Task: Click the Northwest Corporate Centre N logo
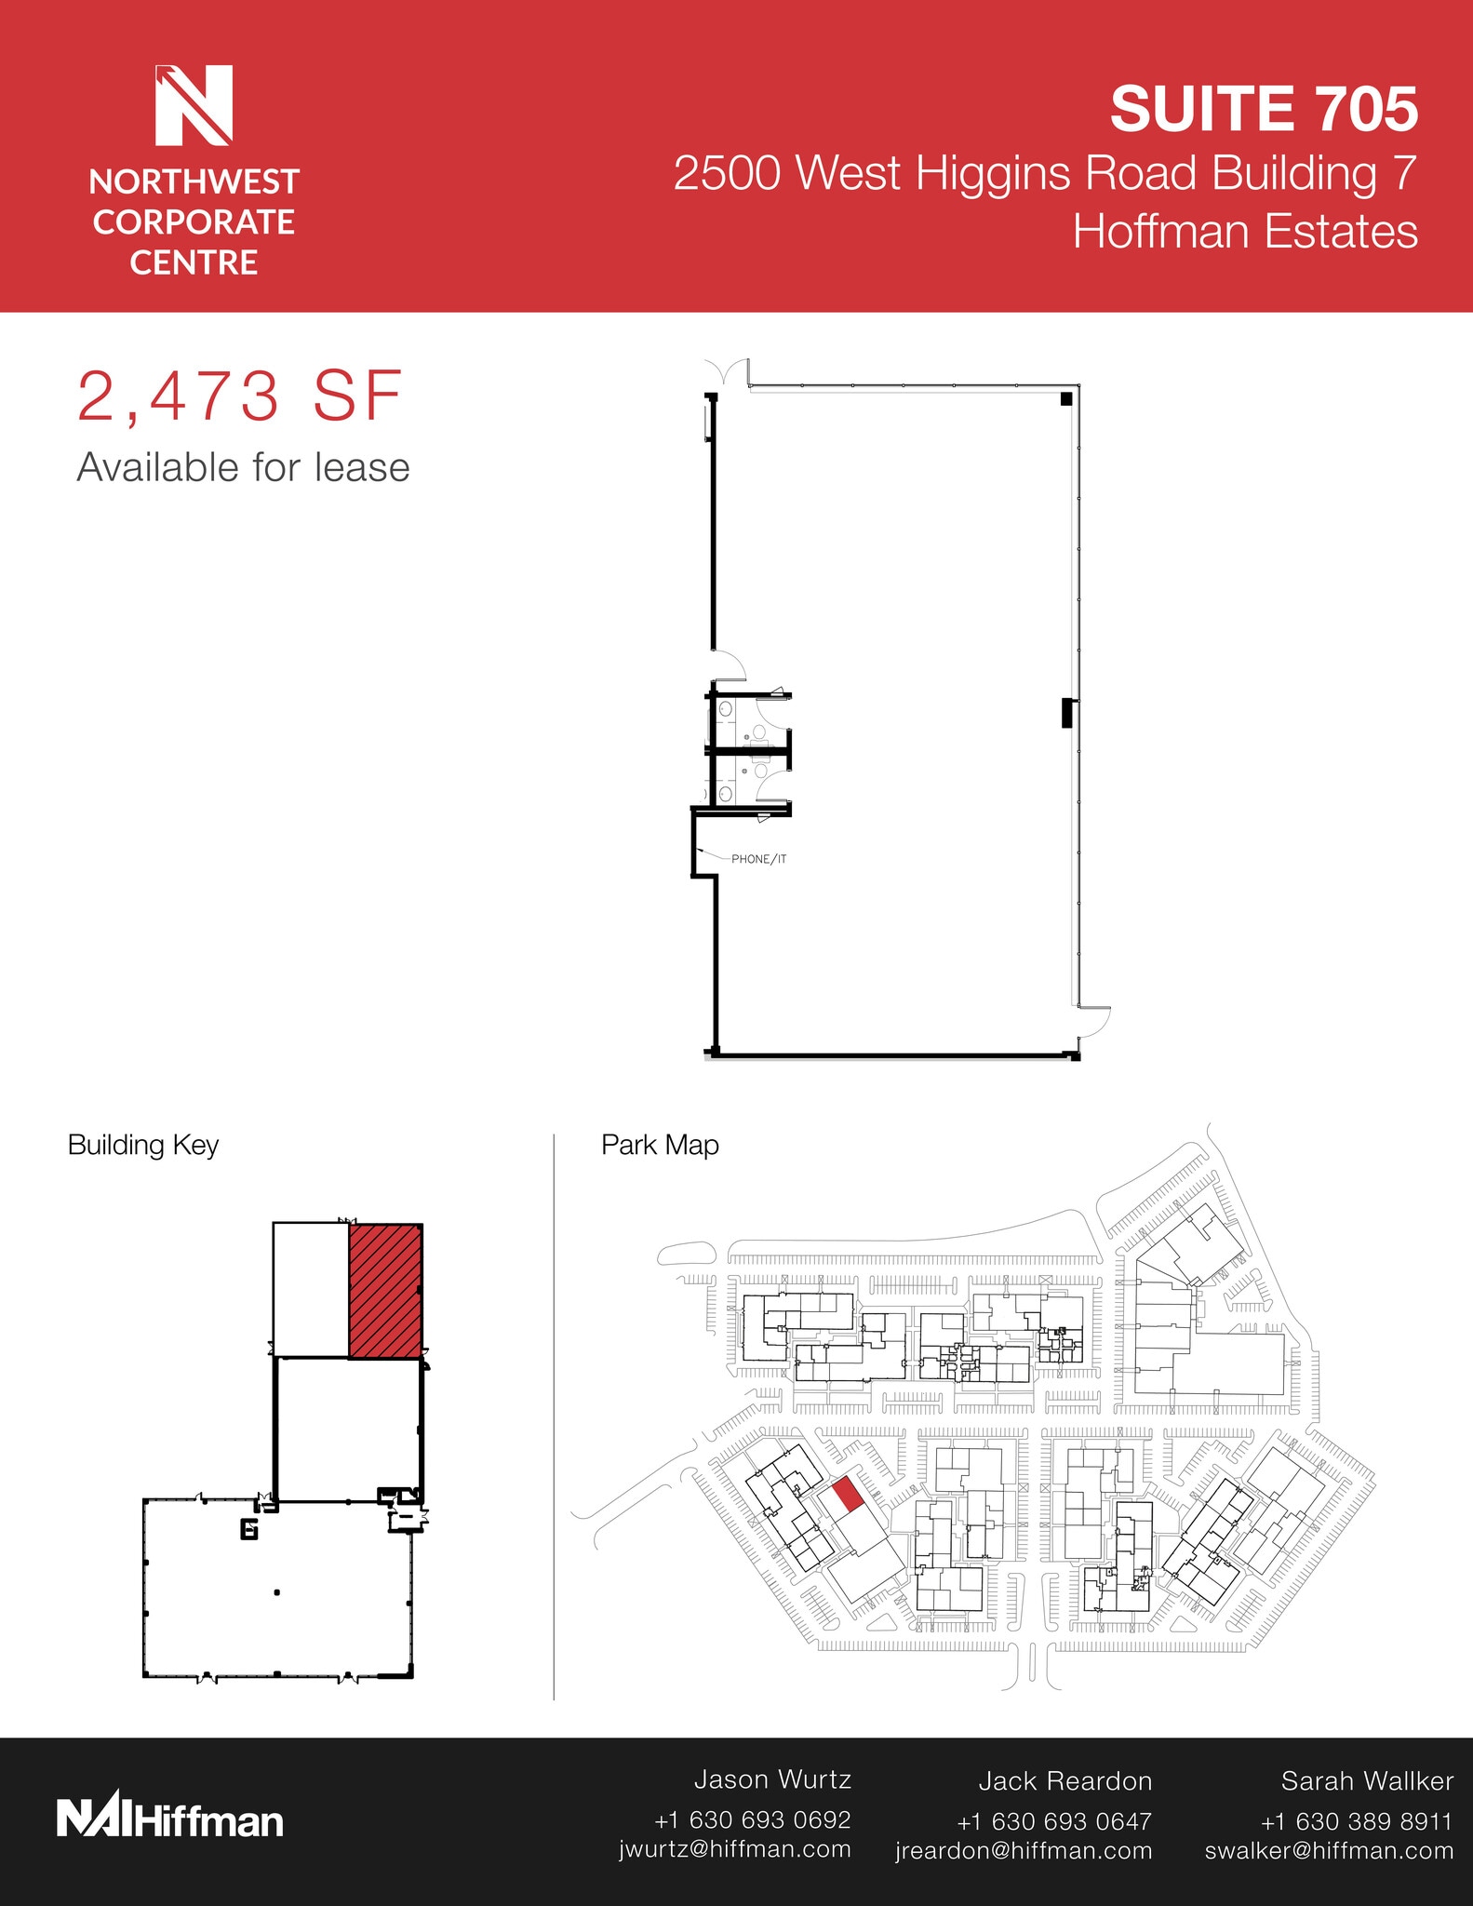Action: coord(194,105)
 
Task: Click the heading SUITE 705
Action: coord(1263,109)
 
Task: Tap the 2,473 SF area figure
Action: coord(239,397)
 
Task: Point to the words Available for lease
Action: coord(243,468)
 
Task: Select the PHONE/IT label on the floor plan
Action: coord(758,859)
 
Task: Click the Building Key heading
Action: coord(143,1145)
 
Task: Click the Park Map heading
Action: coord(660,1145)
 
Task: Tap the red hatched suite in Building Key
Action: coord(385,1291)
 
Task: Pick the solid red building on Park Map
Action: coord(846,1495)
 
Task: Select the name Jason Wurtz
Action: coord(772,1779)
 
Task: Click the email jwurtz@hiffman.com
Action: coord(735,1849)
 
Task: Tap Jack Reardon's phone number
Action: coord(1054,1821)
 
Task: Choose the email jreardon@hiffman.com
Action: coord(1024,1851)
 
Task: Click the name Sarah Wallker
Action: coord(1366,1781)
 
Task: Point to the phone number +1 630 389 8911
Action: coord(1356,1821)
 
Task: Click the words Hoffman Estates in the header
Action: coord(1245,232)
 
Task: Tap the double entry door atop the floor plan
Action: coord(727,370)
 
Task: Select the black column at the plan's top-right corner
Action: coord(1066,399)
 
